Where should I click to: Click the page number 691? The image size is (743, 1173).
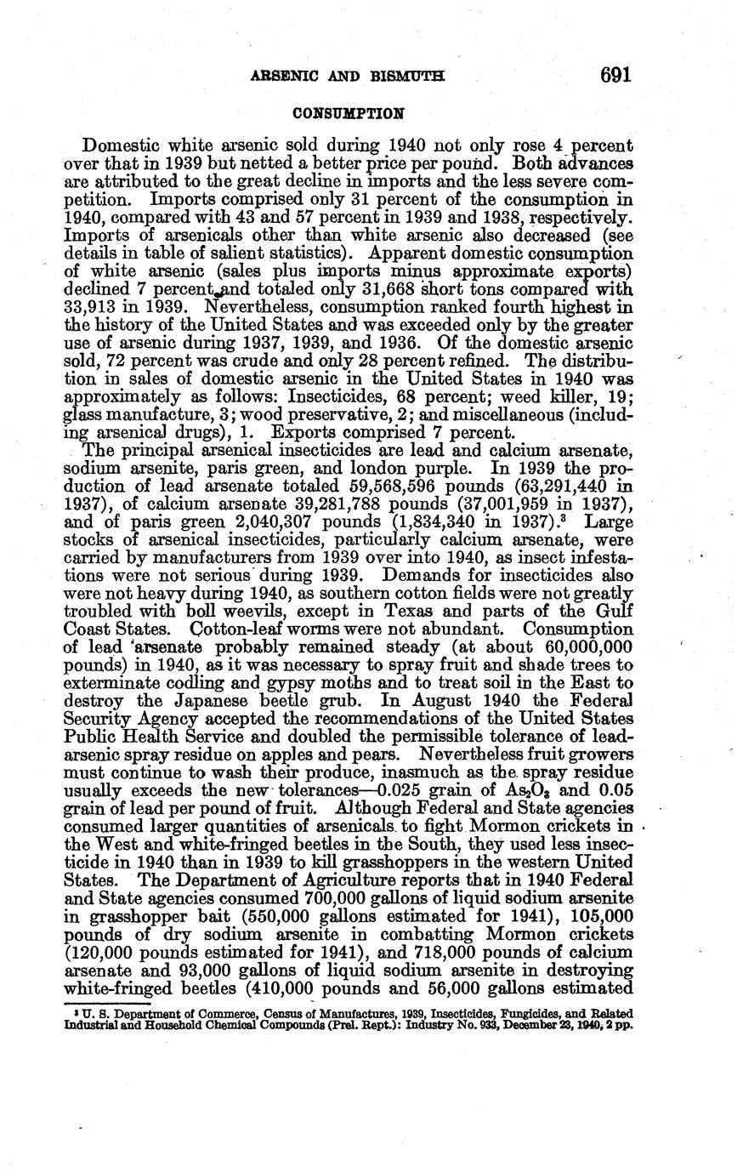point(615,76)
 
